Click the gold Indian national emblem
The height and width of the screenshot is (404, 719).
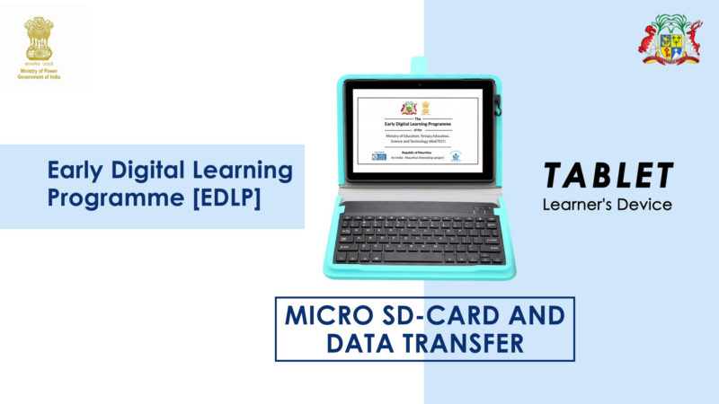pyautogui.click(x=39, y=38)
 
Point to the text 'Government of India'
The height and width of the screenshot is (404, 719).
pyautogui.click(x=39, y=77)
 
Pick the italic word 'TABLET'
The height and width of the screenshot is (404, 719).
pyautogui.click(x=608, y=176)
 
